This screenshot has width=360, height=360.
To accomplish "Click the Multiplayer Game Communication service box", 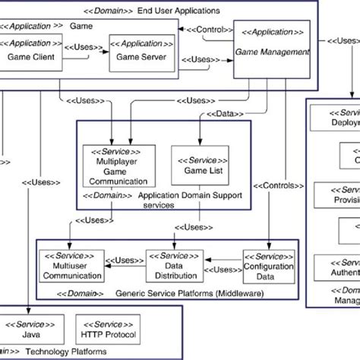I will pyautogui.click(x=115, y=167).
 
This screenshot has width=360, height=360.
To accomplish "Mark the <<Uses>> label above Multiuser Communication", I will pyautogui.click(x=91, y=221).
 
